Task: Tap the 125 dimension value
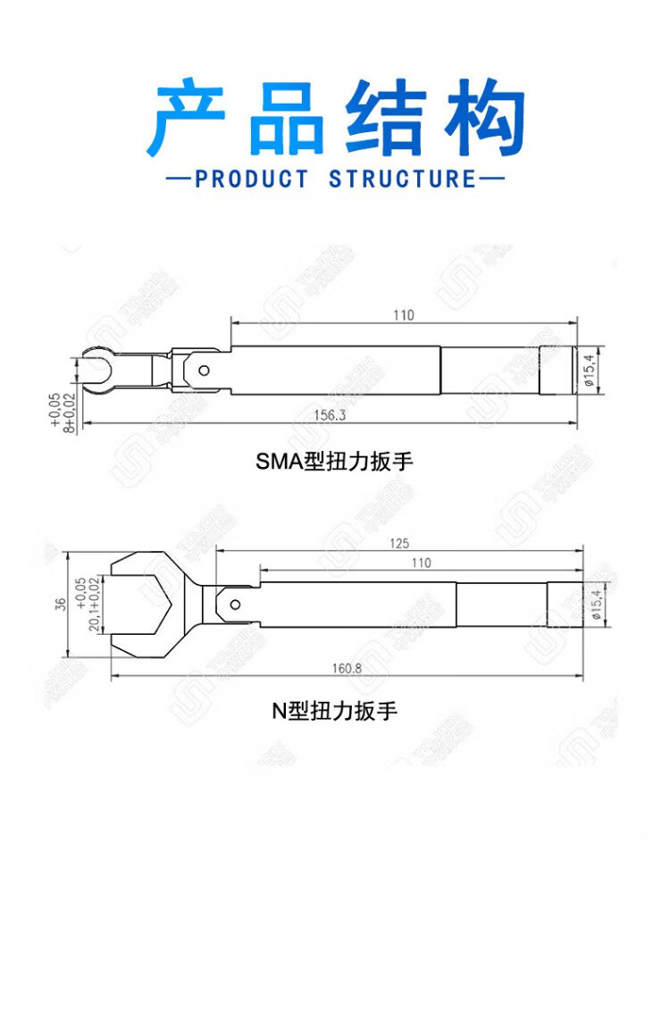click(399, 544)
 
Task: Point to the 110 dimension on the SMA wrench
click(404, 315)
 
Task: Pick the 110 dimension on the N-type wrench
click(421, 563)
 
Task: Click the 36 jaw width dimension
click(60, 604)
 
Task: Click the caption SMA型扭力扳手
click(335, 462)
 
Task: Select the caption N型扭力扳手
click(334, 712)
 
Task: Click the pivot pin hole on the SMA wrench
click(205, 370)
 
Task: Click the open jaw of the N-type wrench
click(147, 604)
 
